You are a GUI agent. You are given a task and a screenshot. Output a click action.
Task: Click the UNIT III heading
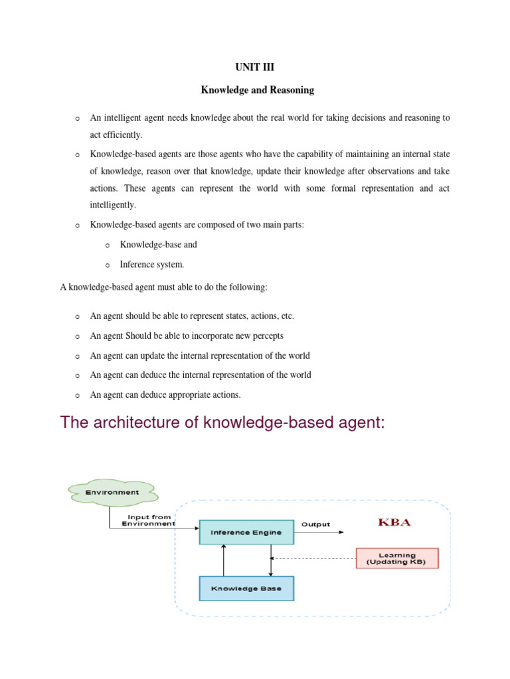255,68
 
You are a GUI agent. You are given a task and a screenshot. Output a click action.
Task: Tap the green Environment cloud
112,492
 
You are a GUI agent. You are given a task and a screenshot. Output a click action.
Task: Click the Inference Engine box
246,532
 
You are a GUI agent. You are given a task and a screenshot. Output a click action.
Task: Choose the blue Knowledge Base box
246,588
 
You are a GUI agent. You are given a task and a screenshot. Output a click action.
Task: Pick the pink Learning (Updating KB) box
397,558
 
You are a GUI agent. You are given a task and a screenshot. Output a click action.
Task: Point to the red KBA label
394,523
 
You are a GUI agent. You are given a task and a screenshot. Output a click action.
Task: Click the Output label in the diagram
315,525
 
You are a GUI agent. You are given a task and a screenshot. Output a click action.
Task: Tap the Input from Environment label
149,520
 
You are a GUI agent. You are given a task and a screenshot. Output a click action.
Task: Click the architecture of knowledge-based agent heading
222,422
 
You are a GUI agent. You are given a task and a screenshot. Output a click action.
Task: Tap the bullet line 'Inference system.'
152,265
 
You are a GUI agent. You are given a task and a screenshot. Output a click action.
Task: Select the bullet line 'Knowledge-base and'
158,245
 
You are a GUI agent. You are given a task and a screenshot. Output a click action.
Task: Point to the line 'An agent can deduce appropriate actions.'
165,395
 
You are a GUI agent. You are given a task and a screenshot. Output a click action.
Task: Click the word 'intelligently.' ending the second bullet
113,205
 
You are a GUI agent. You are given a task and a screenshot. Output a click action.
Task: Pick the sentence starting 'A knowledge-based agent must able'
164,287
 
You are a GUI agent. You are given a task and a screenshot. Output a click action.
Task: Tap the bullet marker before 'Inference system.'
108,265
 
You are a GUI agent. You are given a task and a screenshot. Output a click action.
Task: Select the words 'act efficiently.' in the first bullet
116,135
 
